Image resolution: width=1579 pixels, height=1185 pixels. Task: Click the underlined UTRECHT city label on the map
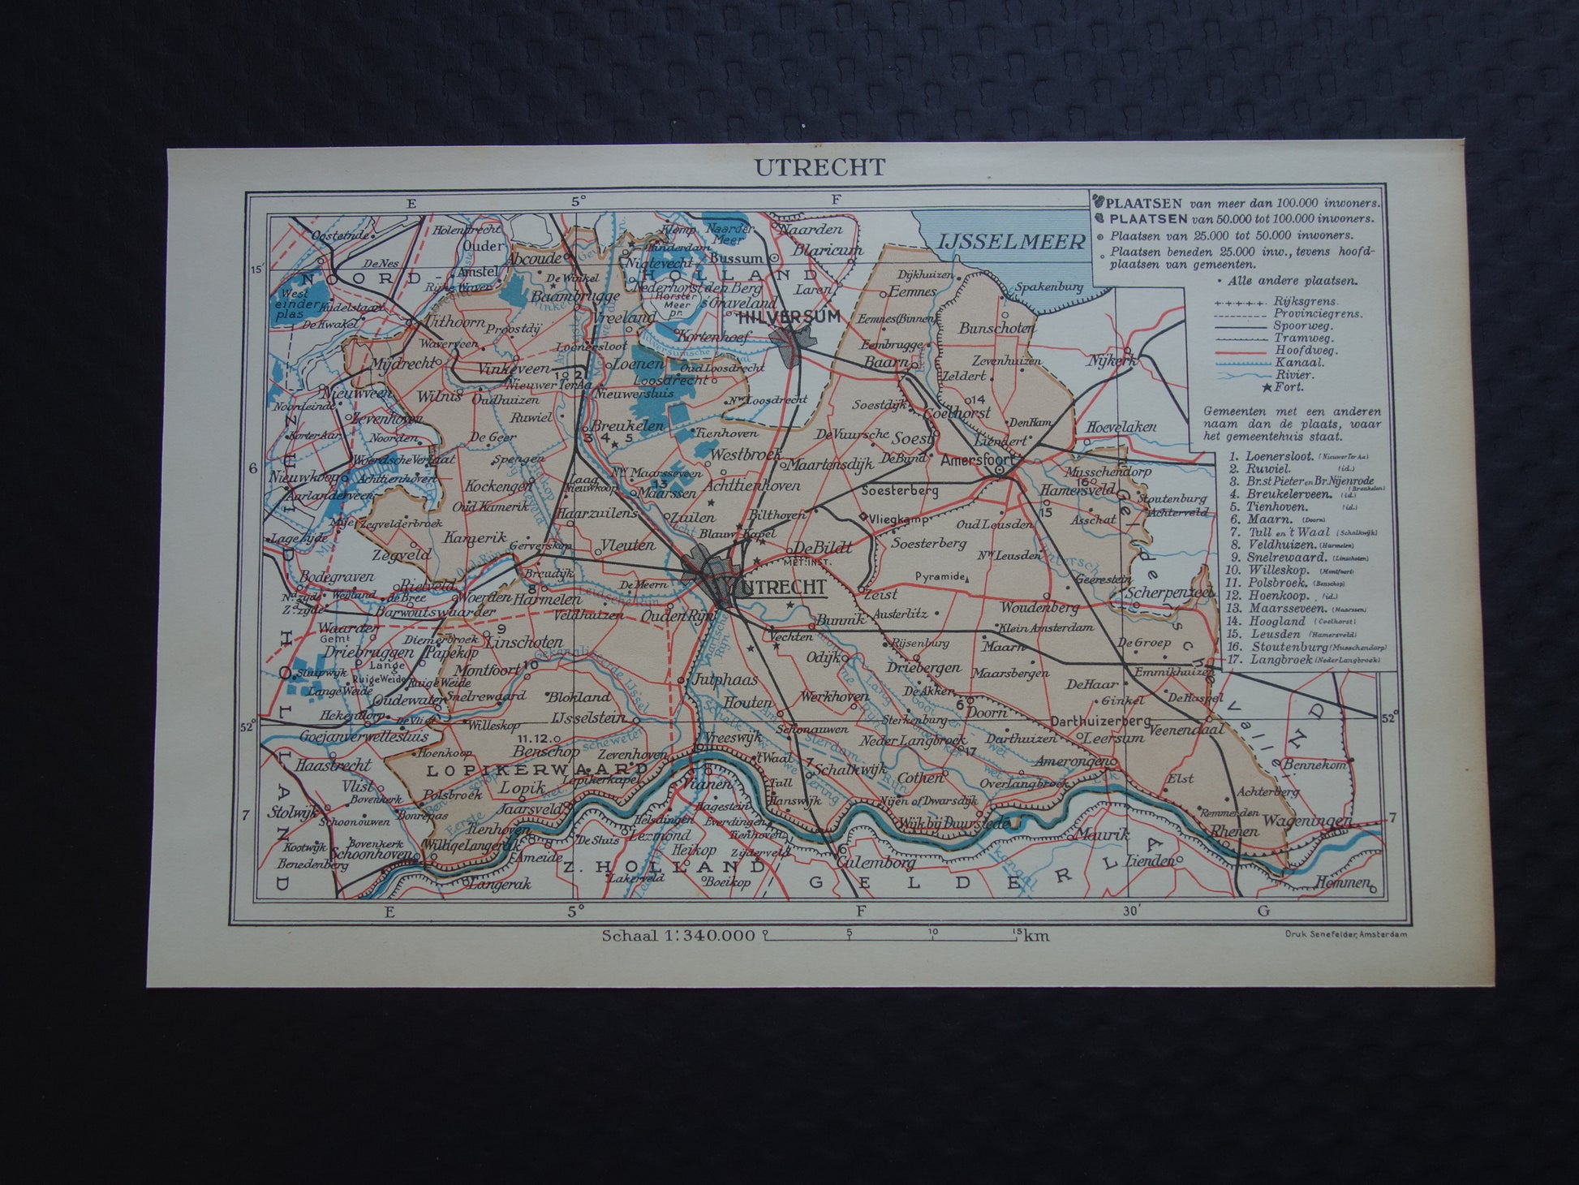point(780,587)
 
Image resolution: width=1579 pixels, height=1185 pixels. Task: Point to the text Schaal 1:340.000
point(678,935)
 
